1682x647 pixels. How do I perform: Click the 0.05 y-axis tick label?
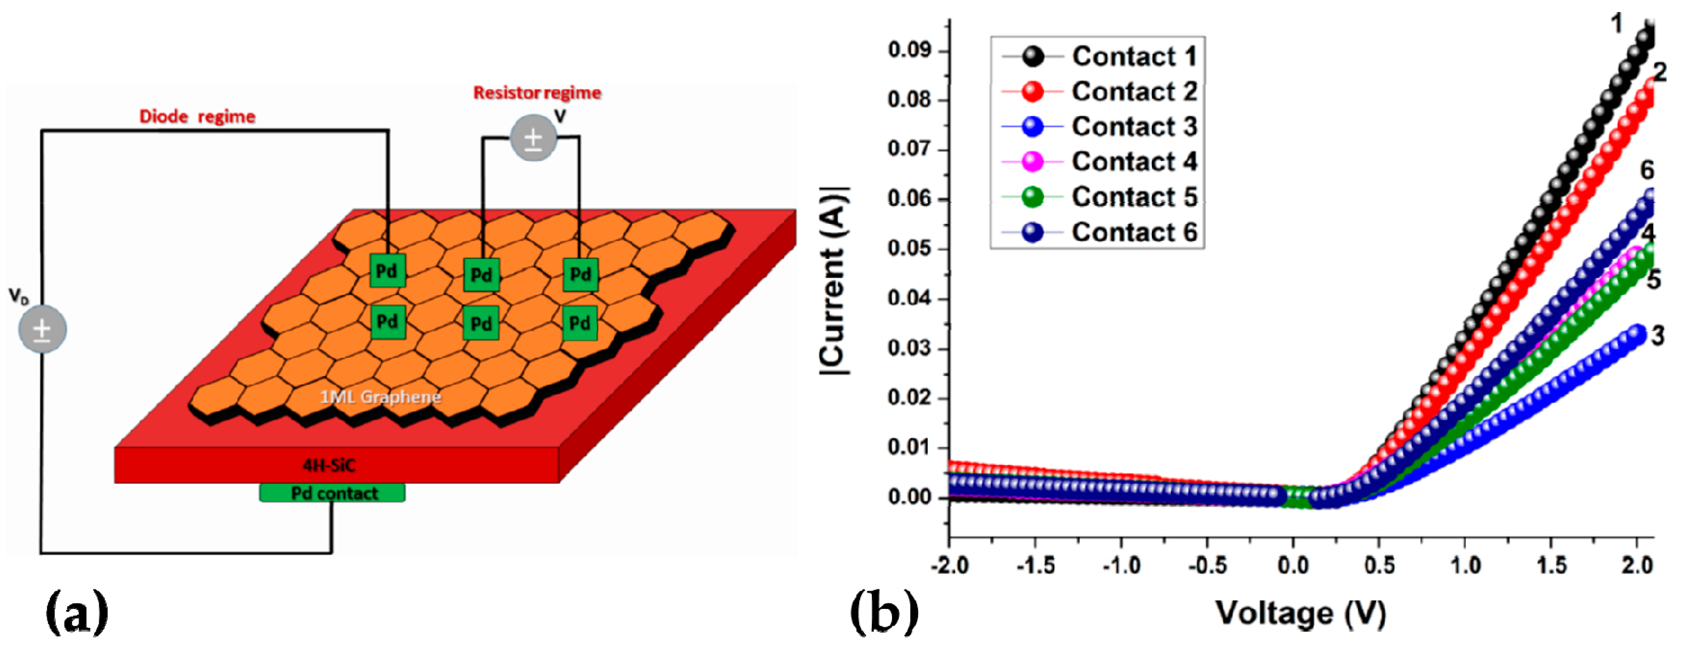(909, 249)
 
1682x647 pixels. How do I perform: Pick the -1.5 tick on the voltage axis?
(1035, 564)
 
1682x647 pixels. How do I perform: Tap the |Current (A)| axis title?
(834, 281)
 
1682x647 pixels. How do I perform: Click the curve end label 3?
(1657, 336)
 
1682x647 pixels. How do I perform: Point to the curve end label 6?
(1647, 170)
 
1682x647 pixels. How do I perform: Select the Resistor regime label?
(537, 93)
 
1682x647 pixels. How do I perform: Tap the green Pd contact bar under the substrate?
(332, 493)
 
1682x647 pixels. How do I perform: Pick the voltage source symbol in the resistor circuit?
(533, 138)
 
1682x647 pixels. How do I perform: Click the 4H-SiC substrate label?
(328, 465)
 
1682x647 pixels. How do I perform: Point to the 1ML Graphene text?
(380, 396)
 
